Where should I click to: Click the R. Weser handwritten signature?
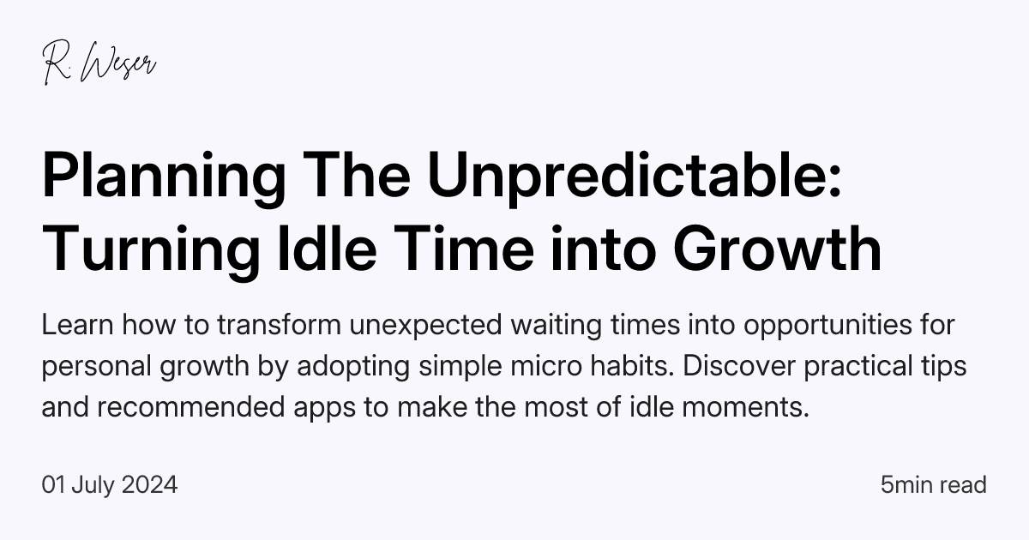99,64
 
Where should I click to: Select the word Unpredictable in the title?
635,177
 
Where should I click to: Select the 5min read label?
934,485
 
